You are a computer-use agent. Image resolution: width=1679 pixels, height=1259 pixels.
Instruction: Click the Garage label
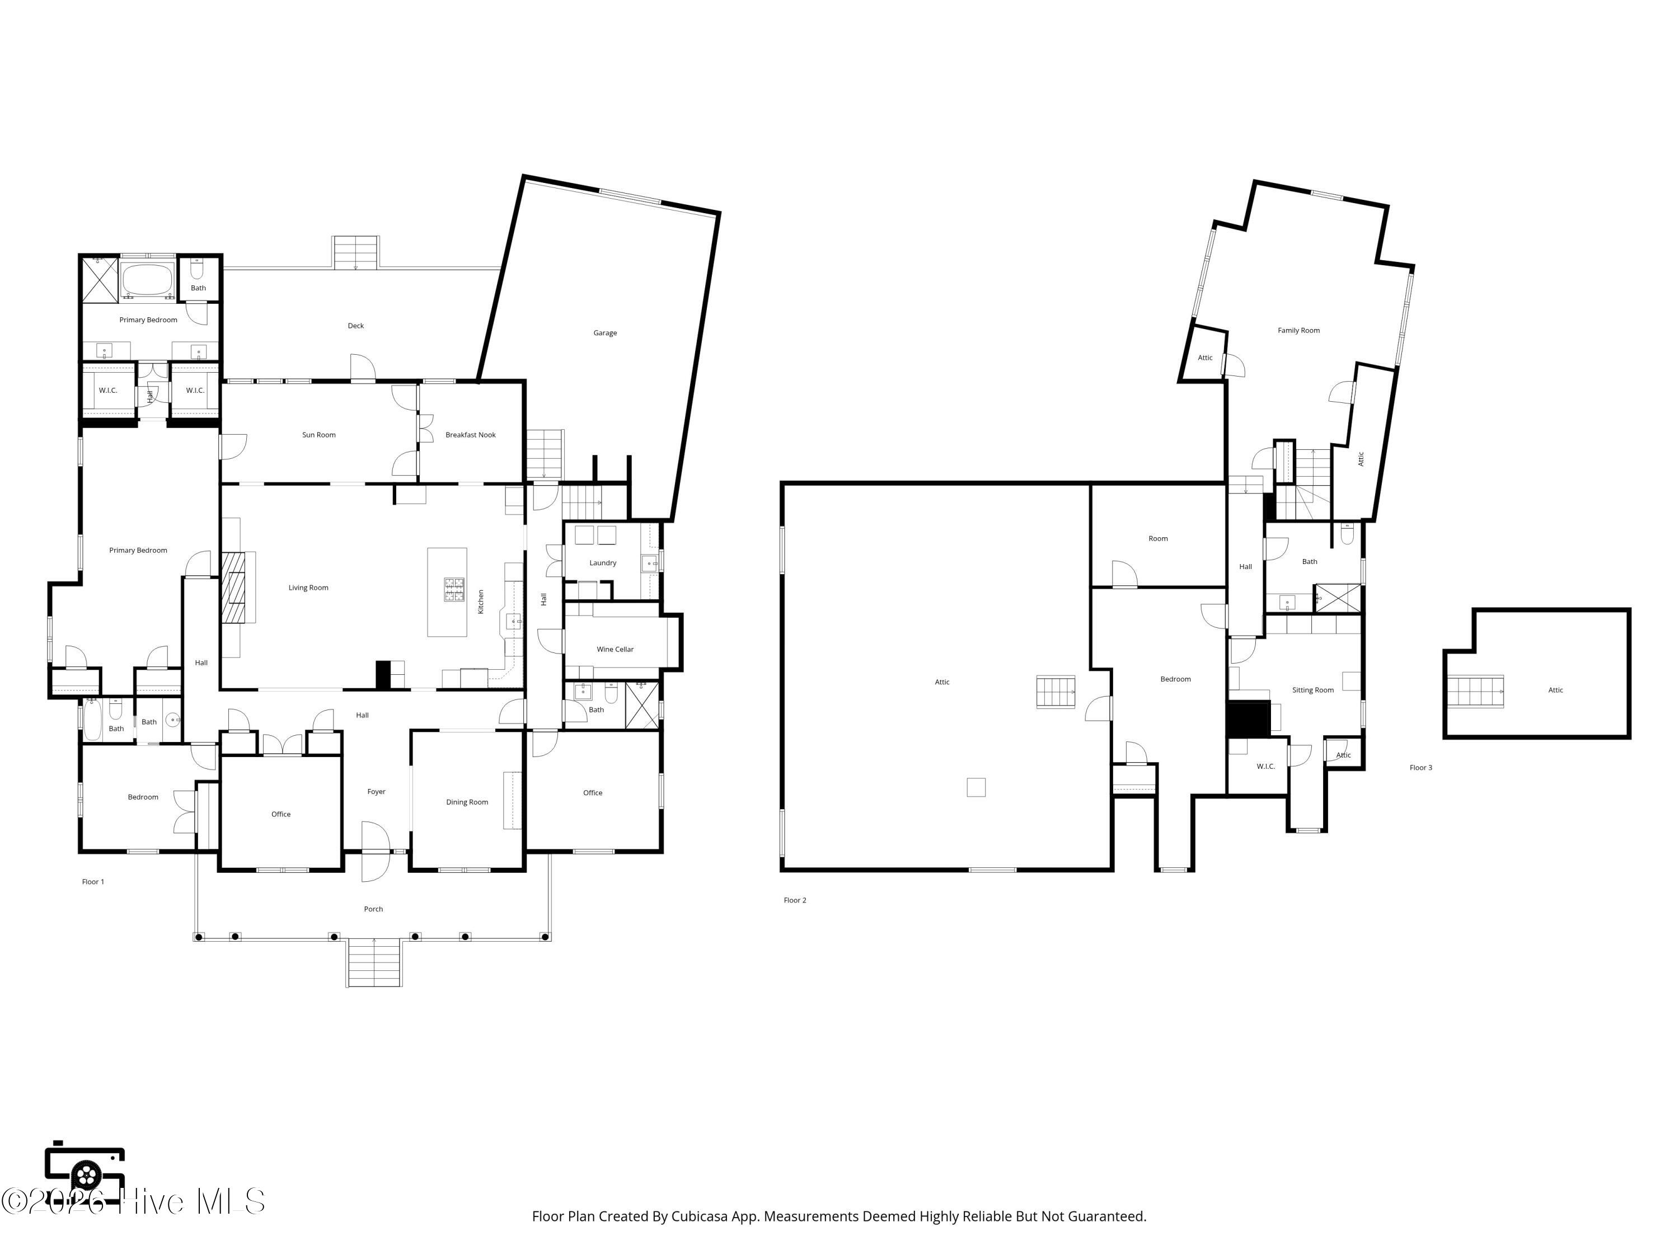(605, 332)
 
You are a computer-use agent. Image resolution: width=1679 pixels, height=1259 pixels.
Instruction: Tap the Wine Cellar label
(615, 649)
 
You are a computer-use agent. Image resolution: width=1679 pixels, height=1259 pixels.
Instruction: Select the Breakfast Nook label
(471, 435)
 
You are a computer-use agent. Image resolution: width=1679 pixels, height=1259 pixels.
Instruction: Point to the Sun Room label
(319, 435)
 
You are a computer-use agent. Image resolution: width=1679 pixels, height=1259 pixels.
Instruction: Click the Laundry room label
(603, 562)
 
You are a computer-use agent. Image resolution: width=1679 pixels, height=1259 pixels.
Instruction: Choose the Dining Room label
(467, 802)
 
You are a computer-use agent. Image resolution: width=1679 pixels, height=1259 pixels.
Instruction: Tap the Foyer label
(377, 792)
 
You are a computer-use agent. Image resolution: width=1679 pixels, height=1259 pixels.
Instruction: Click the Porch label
(373, 908)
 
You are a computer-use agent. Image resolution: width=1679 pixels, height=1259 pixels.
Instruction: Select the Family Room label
(1299, 330)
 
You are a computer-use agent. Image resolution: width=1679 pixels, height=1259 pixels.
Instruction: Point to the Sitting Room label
(1313, 690)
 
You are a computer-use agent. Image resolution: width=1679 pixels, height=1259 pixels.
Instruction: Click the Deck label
(356, 326)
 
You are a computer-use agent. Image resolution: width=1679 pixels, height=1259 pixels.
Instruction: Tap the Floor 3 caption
(1421, 767)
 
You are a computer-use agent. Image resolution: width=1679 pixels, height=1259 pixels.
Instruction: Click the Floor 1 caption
(93, 881)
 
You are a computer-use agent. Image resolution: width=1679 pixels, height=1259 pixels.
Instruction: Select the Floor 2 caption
(795, 900)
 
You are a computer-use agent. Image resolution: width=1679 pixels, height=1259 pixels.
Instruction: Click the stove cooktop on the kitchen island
(454, 590)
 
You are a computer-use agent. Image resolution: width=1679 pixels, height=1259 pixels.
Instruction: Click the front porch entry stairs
(374, 963)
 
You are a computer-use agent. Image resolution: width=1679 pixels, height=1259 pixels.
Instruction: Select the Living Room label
(308, 588)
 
